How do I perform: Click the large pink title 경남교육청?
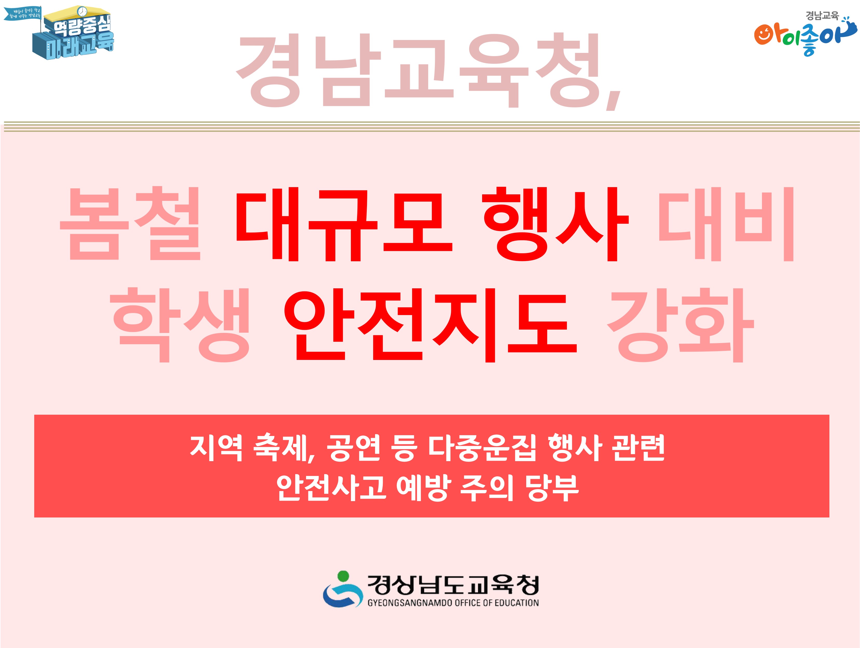point(426,70)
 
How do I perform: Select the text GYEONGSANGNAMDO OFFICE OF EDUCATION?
point(453,603)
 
